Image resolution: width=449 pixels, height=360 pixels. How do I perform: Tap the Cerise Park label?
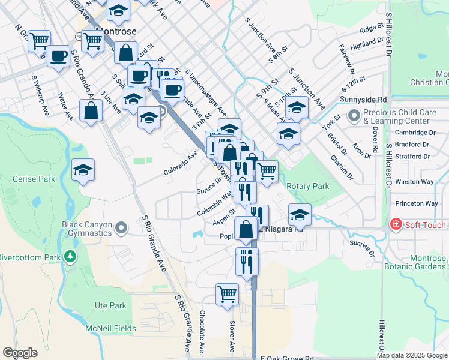[x=34, y=179]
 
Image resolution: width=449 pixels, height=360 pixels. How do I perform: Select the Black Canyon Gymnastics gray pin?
[x=122, y=227]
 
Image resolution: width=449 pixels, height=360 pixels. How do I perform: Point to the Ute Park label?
[x=110, y=305]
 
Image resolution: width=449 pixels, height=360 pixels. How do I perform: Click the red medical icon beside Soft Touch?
[x=396, y=225]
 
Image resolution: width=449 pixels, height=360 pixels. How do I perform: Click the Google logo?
[x=20, y=352]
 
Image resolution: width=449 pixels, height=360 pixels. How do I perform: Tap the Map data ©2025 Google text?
[x=412, y=355]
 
